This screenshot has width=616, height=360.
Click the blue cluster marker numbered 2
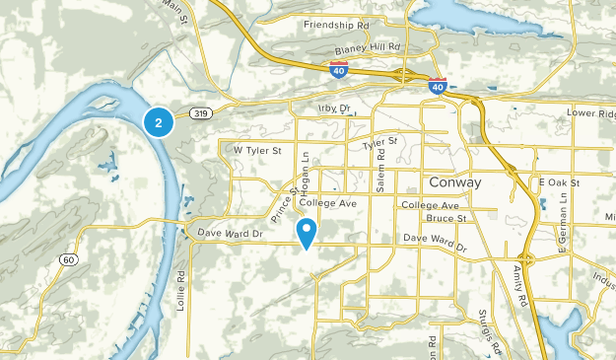click(x=158, y=122)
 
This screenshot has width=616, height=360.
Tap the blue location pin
click(x=308, y=234)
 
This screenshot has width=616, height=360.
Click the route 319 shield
click(x=201, y=113)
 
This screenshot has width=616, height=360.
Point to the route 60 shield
click(x=67, y=259)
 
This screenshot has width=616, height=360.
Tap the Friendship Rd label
click(x=336, y=23)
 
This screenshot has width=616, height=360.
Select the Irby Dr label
click(x=335, y=108)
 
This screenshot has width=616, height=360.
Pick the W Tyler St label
click(x=257, y=150)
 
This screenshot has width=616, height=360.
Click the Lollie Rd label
click(x=181, y=292)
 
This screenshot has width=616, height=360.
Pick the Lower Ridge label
click(x=591, y=113)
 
